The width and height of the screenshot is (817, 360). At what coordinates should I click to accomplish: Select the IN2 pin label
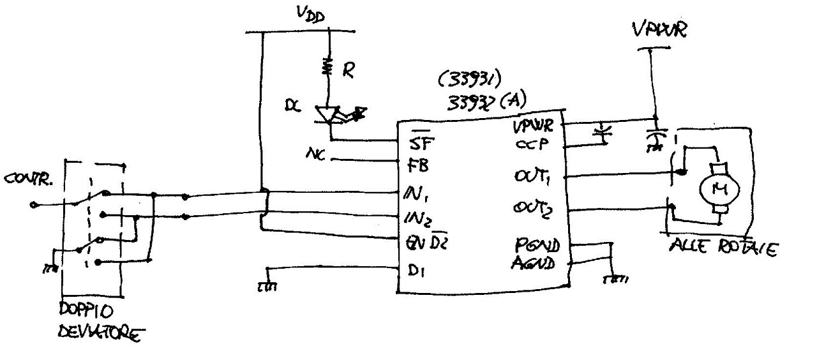point(419,218)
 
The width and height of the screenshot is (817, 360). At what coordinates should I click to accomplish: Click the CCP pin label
point(529,145)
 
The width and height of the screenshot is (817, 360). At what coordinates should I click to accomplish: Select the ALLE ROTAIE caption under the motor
point(721,247)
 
